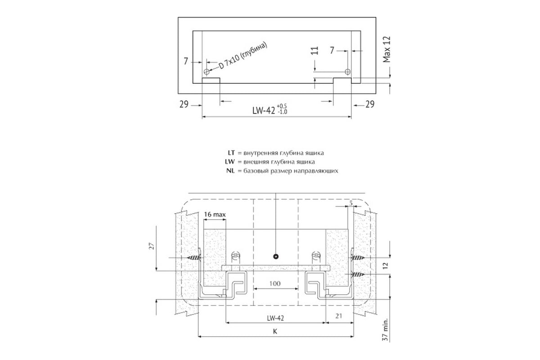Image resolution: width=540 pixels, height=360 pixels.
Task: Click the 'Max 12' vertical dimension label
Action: pos(387,49)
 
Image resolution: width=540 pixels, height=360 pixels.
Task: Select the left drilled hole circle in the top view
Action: pos(207,72)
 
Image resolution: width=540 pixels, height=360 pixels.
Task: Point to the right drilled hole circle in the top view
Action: pos(347,72)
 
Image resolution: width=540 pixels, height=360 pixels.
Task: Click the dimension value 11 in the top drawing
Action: pos(315,51)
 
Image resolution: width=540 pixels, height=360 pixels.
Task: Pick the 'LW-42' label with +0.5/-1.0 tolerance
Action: pos(270,109)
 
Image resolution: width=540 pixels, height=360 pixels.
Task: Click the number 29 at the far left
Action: pos(184,104)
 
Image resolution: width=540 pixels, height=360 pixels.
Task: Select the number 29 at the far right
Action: pos(370,104)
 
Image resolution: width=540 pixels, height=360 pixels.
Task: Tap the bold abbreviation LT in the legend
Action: pos(231,153)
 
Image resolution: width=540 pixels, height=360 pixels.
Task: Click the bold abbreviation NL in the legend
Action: pos(230,171)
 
